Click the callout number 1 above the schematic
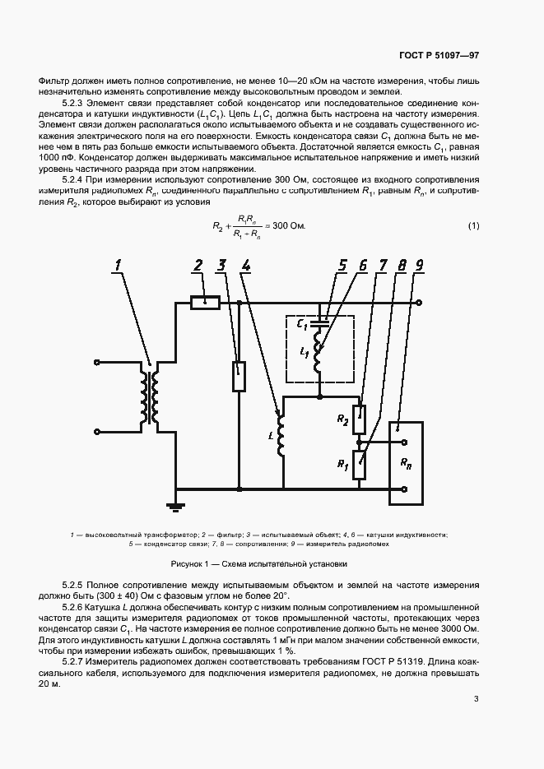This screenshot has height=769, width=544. pyautogui.click(x=119, y=265)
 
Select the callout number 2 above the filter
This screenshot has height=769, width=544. pyautogui.click(x=198, y=265)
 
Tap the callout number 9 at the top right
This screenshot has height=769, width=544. pyautogui.click(x=420, y=265)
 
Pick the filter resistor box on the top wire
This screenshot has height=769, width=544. pyautogui.click(x=204, y=303)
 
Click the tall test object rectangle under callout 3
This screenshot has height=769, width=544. pyautogui.click(x=239, y=376)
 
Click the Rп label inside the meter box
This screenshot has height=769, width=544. pyautogui.click(x=406, y=463)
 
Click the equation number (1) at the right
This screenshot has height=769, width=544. pyautogui.click(x=473, y=226)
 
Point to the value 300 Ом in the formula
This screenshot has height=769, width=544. pyautogui.click(x=288, y=226)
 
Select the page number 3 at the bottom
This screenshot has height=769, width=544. pyautogui.click(x=476, y=700)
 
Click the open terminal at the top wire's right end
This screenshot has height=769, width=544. pyautogui.click(x=420, y=303)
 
